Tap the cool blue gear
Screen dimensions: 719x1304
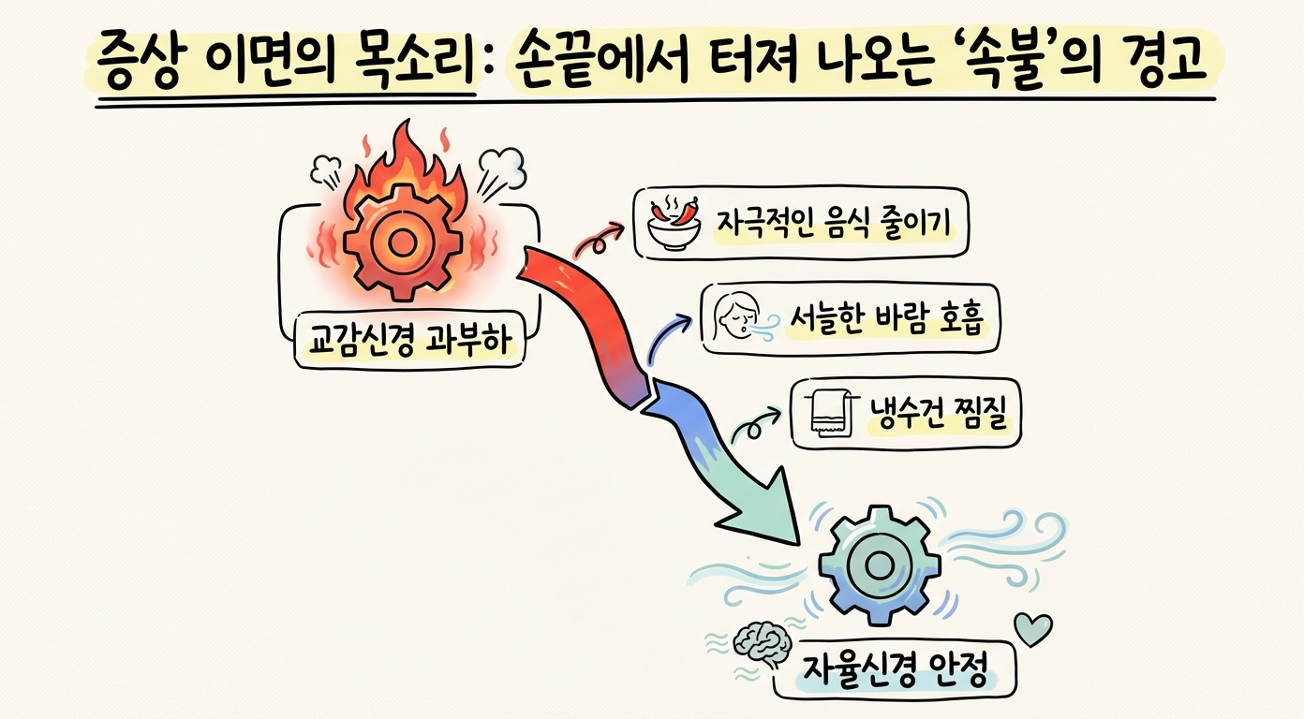[x=879, y=565]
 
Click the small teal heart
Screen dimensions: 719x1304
[x=1033, y=628]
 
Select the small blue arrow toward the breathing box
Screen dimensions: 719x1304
[x=666, y=334]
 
